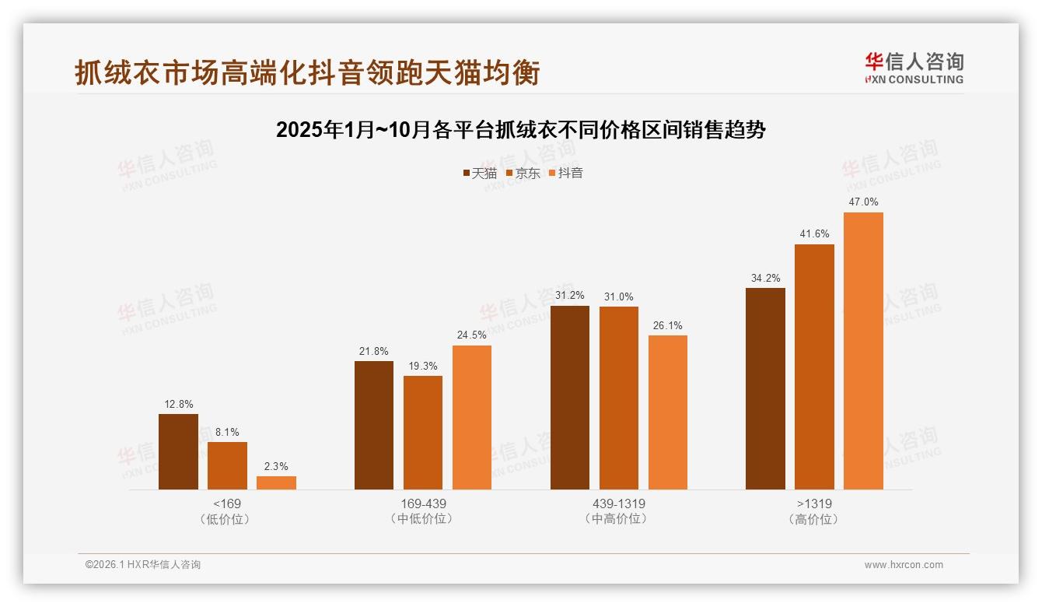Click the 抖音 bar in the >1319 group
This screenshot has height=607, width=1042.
(x=863, y=351)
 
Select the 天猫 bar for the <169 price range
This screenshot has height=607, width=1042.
(x=178, y=451)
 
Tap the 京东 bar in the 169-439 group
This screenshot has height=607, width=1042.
(x=422, y=433)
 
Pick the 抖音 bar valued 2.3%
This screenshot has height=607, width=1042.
(x=276, y=482)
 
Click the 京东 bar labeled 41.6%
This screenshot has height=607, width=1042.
(x=814, y=367)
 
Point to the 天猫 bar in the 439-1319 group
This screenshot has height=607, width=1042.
(x=569, y=398)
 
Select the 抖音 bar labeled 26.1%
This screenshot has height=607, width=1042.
(x=667, y=412)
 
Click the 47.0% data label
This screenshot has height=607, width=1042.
(x=863, y=202)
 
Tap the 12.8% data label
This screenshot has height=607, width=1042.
(x=178, y=404)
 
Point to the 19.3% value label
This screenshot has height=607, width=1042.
(x=422, y=366)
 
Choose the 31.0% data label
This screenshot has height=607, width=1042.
(x=618, y=296)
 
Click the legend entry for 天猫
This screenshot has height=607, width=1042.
(x=479, y=174)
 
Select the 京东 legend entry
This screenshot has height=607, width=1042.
(x=523, y=174)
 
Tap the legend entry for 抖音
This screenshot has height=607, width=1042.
(x=566, y=174)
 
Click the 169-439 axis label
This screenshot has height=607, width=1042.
(x=422, y=503)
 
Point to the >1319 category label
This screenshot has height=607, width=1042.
(x=814, y=503)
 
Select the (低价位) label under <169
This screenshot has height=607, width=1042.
(x=226, y=519)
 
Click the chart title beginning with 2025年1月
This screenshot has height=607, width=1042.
(x=521, y=130)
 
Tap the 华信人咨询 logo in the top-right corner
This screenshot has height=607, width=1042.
(x=914, y=68)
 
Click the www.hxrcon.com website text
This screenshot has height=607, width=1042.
(x=903, y=565)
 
